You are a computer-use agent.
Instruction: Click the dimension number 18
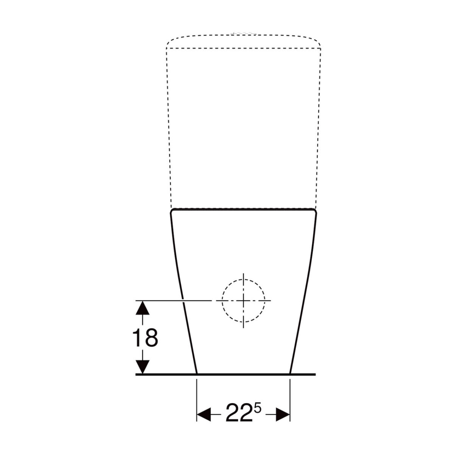click(145, 338)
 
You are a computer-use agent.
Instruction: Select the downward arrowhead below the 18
click(143, 367)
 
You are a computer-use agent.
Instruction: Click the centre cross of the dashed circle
click(243, 301)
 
